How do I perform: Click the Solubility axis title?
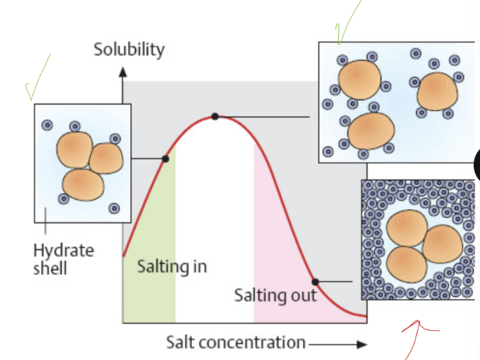pyautogui.click(x=129, y=50)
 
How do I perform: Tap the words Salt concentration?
pyautogui.click(x=235, y=342)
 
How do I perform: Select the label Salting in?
pyautogui.click(x=172, y=266)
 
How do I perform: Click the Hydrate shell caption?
pyautogui.click(x=63, y=259)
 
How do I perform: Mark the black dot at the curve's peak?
pyautogui.click(x=215, y=117)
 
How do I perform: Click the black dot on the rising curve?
pyautogui.click(x=165, y=159)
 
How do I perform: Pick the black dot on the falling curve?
pyautogui.click(x=314, y=281)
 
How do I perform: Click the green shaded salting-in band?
pyautogui.click(x=148, y=292)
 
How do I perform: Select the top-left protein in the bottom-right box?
pyautogui.click(x=407, y=228)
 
